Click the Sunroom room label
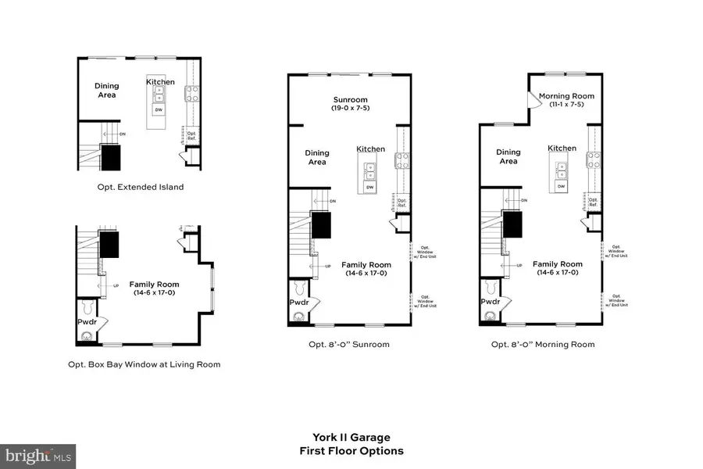[x=351, y=100]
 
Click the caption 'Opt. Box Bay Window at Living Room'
[x=142, y=363]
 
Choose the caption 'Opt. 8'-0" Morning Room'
[x=542, y=344]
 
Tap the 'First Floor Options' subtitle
[x=351, y=451]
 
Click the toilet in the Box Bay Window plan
[x=87, y=337]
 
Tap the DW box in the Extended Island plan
[x=159, y=109]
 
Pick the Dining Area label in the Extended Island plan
[x=107, y=91]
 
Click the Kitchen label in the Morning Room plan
[x=562, y=148]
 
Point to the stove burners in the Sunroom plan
[x=405, y=161]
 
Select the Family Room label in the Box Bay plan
[x=154, y=288]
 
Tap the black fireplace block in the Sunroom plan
[x=321, y=225]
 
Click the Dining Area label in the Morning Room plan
[x=508, y=156]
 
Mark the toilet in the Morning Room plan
[x=490, y=317]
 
